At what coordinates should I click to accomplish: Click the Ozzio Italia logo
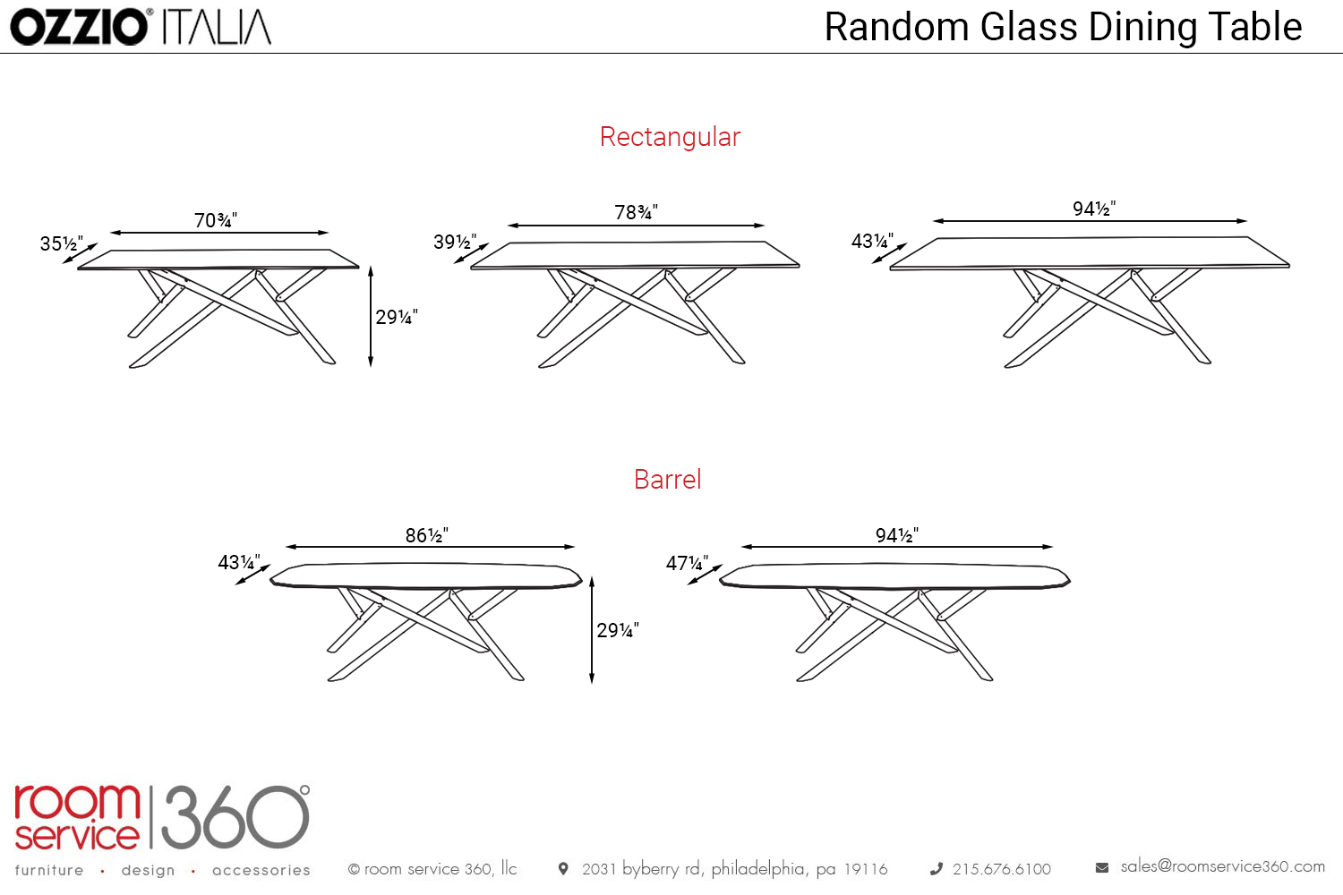coord(141,27)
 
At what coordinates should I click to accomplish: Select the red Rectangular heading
coord(670,137)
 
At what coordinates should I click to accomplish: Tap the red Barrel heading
coord(667,480)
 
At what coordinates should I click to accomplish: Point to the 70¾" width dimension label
coord(216,220)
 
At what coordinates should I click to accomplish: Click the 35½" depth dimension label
coord(61,243)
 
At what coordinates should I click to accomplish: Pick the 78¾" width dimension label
coord(636,212)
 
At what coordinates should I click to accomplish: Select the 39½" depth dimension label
coord(455,242)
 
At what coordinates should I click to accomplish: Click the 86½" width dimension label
coord(426,535)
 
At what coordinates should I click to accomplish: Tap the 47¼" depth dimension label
coord(687,563)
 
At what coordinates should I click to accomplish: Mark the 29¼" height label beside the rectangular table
coord(397,317)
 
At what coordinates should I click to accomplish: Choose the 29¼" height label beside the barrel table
coord(618,630)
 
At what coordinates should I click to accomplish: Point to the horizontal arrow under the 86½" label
coord(430,547)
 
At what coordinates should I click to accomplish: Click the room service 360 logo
coord(162,816)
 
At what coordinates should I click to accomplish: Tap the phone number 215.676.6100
coord(1001,869)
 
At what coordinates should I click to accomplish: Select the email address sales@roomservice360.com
coord(1222,866)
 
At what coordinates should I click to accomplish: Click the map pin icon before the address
coord(563,868)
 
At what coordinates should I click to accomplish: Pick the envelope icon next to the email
coord(1102,867)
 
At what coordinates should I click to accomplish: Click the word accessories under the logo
coord(261,870)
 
